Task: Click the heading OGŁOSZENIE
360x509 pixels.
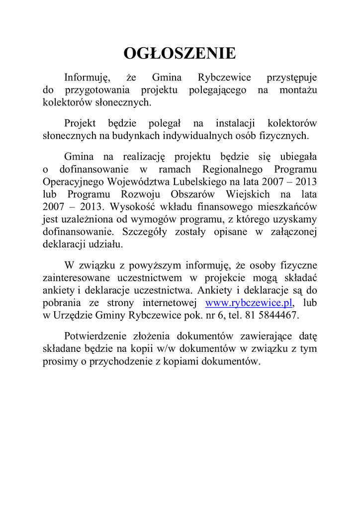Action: pyautogui.click(x=180, y=53)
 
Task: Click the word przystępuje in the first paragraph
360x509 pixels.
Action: pyautogui.click(x=291, y=78)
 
